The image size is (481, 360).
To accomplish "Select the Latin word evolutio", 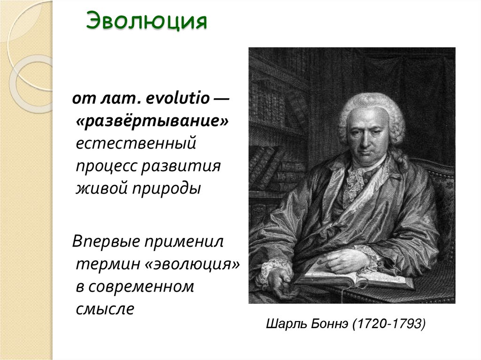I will [x=173, y=100].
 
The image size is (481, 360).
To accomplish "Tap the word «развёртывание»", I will [x=153, y=121].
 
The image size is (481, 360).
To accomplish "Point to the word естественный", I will [x=137, y=143].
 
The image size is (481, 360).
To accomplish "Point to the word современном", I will [x=141, y=287].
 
